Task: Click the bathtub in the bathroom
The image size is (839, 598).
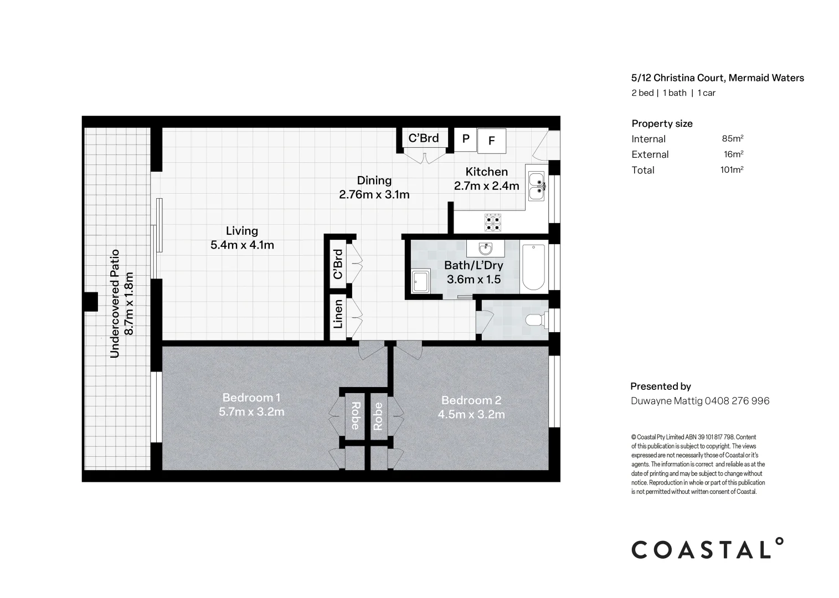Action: [533, 267]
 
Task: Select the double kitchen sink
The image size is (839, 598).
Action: [536, 186]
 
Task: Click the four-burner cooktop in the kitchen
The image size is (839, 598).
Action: [493, 222]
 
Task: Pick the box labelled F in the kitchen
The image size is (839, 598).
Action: [491, 141]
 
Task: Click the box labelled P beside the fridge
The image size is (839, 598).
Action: [465, 138]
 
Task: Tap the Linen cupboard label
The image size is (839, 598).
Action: [338, 314]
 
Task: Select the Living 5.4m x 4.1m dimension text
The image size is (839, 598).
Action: [242, 245]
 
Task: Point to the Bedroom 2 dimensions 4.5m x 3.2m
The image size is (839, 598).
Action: [471, 414]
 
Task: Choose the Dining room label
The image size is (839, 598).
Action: [374, 180]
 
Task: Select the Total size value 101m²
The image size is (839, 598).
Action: [731, 169]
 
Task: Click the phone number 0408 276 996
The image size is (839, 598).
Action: [737, 401]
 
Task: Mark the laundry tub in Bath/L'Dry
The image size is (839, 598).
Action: [421, 281]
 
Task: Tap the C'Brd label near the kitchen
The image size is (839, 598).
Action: [424, 138]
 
